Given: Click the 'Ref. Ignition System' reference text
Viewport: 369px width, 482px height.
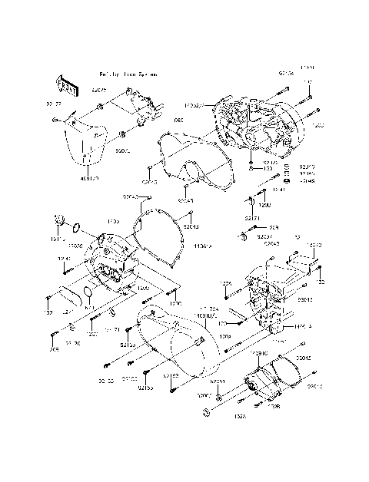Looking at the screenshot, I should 128,74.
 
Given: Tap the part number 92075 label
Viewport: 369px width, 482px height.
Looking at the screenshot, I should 100,91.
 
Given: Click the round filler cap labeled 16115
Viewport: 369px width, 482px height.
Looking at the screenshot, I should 58,223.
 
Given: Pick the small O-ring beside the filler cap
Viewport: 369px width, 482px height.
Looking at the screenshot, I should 75,227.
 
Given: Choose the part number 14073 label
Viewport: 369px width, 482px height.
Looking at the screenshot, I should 314,246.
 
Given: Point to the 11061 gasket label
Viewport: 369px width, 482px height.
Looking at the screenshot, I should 202,247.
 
